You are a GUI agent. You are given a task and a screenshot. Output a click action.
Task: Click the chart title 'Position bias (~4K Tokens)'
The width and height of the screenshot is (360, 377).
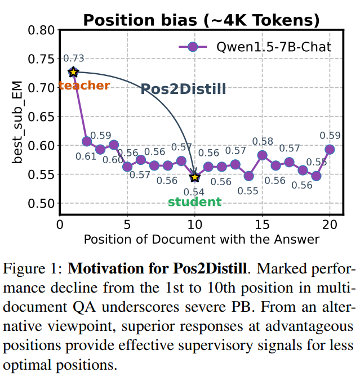(201, 20)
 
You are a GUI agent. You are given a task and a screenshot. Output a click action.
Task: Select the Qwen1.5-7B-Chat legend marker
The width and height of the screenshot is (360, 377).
(193, 47)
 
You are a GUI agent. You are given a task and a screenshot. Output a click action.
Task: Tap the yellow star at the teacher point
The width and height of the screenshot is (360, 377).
(73, 72)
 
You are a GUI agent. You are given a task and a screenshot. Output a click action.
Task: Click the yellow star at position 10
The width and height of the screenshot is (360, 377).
(194, 177)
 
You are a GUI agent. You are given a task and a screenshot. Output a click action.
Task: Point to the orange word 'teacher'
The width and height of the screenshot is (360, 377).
(85, 86)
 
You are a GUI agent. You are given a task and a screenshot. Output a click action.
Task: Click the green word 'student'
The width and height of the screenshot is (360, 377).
(194, 202)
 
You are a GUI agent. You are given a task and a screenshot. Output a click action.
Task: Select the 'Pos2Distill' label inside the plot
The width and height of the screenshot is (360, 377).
(183, 89)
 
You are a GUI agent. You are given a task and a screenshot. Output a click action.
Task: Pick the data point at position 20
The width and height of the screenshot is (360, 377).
(330, 150)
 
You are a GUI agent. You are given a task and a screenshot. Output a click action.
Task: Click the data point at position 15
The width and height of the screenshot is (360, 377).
(262, 155)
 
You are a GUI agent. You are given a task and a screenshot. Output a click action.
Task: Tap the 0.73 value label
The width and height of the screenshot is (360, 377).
(74, 59)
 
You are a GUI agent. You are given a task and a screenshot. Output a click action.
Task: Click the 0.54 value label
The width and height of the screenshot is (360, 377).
(194, 192)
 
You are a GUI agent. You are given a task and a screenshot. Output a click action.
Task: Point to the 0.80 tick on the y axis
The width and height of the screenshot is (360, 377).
(41, 30)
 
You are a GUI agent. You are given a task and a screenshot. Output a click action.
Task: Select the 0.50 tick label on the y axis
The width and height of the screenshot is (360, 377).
(41, 203)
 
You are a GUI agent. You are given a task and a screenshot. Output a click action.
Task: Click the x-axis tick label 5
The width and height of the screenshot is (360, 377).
(127, 225)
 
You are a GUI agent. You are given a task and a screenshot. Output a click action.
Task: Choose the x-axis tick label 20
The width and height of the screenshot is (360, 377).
(330, 225)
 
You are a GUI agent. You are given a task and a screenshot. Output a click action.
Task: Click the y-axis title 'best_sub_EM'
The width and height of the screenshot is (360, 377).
(17, 122)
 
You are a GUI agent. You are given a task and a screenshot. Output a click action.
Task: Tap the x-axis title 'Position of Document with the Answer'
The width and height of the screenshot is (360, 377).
(202, 240)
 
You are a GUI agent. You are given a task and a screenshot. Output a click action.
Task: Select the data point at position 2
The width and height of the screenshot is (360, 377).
(87, 141)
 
